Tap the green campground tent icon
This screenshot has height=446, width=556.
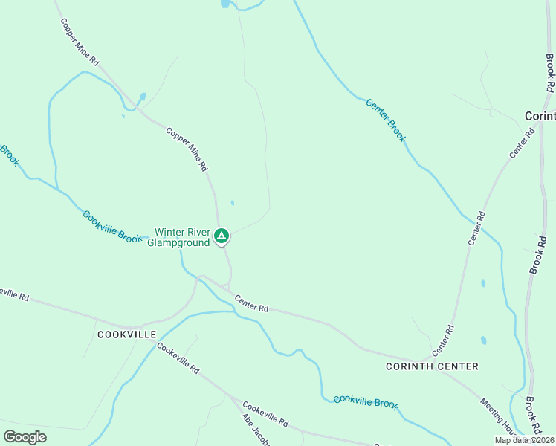(221, 237)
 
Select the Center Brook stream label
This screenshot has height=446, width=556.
(387, 120)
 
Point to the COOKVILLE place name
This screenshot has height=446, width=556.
(127, 334)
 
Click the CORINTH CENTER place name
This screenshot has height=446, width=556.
(432, 366)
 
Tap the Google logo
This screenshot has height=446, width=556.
(25, 437)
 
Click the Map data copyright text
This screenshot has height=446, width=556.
(524, 440)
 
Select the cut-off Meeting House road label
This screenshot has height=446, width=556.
(498, 417)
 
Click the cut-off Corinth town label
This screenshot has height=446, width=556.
(540, 117)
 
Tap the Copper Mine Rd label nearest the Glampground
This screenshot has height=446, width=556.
(187, 149)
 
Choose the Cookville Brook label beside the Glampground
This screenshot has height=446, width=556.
(112, 227)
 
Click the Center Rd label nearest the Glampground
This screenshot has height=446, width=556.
(251, 303)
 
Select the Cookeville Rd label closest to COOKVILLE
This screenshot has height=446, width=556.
(179, 360)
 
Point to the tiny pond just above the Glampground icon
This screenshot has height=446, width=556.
(233, 203)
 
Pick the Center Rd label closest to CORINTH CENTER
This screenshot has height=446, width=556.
(443, 340)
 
